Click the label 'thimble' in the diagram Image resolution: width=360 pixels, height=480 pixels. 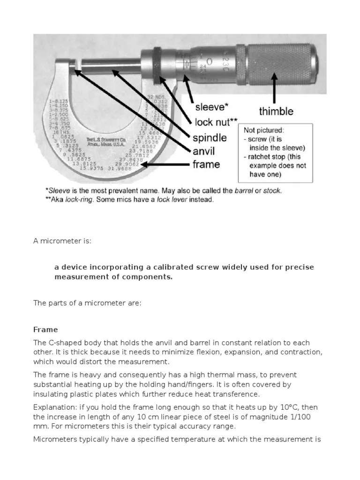point(276,112)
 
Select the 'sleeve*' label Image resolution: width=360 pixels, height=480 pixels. point(211,107)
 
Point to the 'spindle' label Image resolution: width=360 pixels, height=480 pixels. point(210,138)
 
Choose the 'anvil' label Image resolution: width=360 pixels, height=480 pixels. point(204,151)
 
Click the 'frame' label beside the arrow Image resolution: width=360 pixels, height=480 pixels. point(206,165)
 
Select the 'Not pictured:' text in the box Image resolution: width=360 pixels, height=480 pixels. point(264,131)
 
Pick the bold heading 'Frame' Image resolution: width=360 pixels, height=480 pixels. point(45,330)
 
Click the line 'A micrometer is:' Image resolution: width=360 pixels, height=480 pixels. point(62,241)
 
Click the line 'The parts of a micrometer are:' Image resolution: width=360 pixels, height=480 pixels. point(87,303)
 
